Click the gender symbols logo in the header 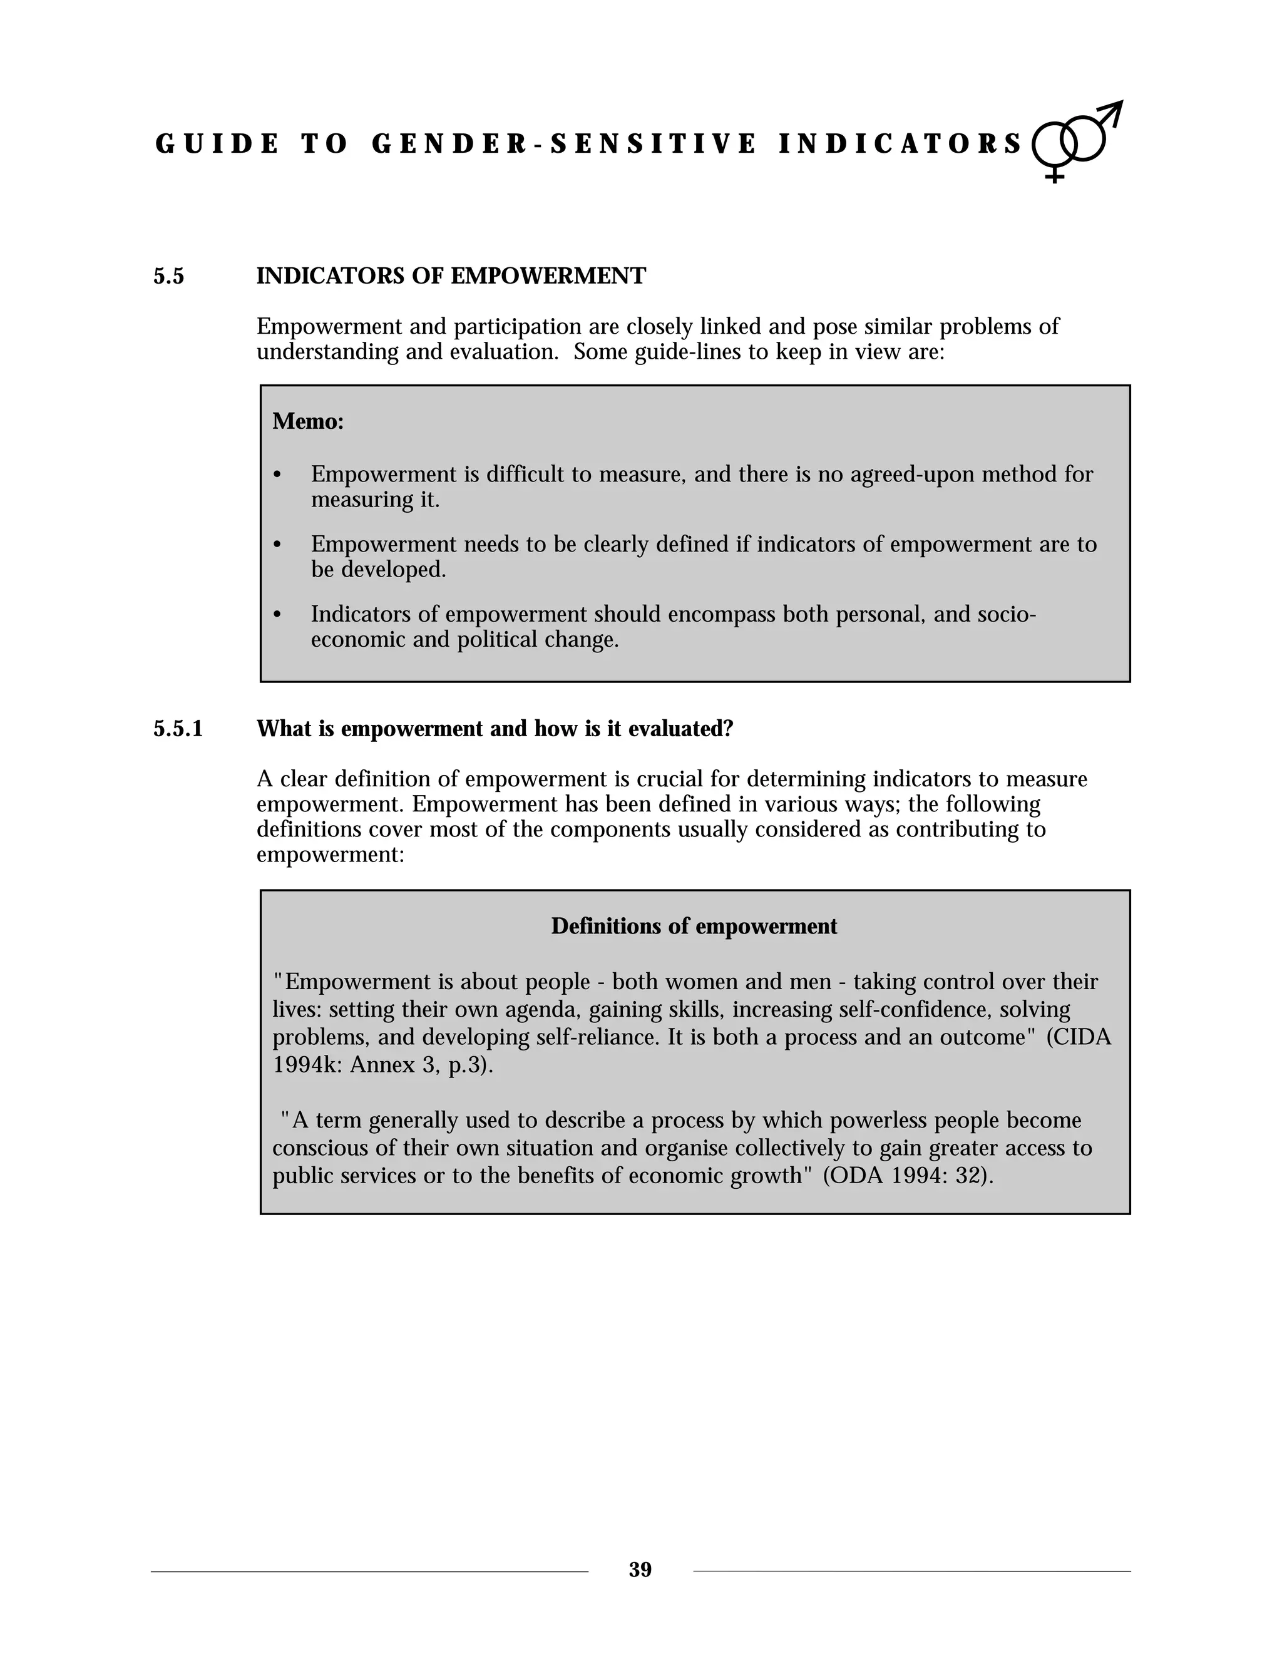tap(1076, 140)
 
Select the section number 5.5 tap(168, 277)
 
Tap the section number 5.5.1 tap(178, 729)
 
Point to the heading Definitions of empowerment tap(694, 926)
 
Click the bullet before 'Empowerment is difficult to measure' tap(277, 476)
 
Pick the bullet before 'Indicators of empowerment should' tap(277, 615)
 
